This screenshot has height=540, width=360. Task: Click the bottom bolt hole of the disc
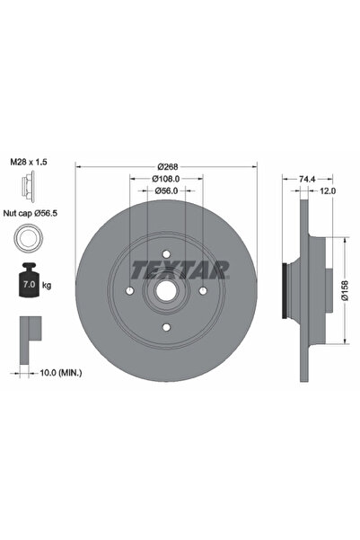[165, 326]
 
